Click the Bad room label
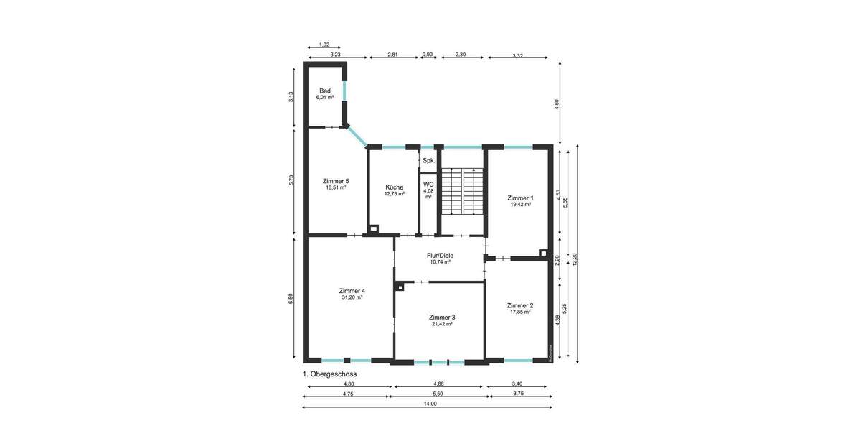click(x=325, y=91)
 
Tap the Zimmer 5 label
click(x=335, y=181)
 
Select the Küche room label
click(x=394, y=187)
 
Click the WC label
click(x=428, y=185)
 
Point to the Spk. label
click(x=428, y=161)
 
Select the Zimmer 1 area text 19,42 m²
click(x=520, y=205)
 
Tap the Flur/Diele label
click(x=441, y=255)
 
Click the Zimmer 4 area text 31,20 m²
click(x=352, y=297)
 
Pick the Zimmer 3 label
click(x=442, y=317)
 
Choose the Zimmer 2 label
click(x=520, y=305)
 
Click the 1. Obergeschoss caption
click(x=329, y=374)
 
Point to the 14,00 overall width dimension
click(x=429, y=404)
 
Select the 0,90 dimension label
click(x=428, y=54)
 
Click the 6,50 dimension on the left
click(x=291, y=298)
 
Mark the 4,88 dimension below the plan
click(x=439, y=384)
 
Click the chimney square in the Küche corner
click(x=373, y=230)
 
